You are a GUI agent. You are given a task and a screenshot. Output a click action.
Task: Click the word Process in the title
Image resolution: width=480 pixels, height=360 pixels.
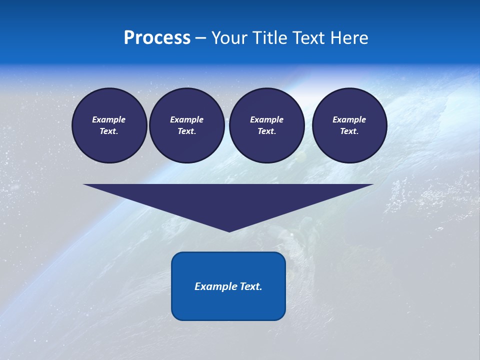point(157,38)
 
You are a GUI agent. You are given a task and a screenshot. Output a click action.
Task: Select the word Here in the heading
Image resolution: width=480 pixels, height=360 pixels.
point(348,38)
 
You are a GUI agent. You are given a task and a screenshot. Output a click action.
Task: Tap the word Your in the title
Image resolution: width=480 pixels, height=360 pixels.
point(230,38)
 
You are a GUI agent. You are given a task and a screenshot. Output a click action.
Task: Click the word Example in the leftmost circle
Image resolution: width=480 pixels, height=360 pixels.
point(109,119)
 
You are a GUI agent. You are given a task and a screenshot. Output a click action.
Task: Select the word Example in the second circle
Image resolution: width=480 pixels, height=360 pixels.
point(187,119)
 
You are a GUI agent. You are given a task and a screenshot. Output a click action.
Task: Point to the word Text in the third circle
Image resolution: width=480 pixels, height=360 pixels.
point(266,131)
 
